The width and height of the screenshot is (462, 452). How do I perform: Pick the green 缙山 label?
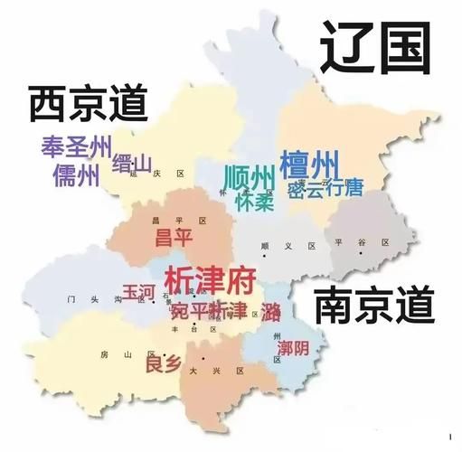click(131, 163)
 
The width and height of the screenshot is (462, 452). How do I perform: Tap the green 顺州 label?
click(249, 174)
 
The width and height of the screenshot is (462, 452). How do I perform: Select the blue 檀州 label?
click(309, 166)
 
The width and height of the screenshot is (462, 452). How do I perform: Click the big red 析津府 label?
click(210, 278)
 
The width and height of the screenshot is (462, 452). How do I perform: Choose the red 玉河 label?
click(139, 292)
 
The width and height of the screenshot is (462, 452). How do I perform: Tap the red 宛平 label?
click(188, 311)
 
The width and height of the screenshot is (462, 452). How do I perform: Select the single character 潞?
click(270, 312)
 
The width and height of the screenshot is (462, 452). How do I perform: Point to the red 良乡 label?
click(163, 364)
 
